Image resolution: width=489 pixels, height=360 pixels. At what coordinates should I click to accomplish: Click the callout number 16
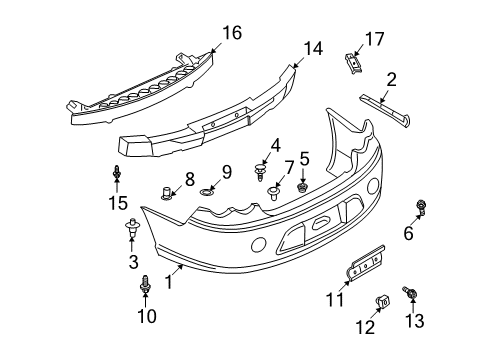[232, 33]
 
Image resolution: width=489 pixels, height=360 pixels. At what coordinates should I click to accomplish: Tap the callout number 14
[314, 47]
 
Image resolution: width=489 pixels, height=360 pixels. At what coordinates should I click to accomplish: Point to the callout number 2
[392, 78]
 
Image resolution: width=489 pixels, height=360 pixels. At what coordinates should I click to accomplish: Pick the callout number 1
[169, 283]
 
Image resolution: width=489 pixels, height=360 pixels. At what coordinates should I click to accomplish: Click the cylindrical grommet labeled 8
[167, 192]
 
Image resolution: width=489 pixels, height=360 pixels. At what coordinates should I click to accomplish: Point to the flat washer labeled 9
[208, 190]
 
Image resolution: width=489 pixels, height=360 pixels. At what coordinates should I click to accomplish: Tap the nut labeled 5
[303, 185]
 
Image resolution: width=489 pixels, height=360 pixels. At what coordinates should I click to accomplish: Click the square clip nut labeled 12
[382, 301]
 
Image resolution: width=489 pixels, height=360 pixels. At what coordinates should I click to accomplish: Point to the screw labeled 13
[410, 292]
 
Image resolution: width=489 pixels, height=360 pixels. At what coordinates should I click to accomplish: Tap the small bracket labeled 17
[352, 61]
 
